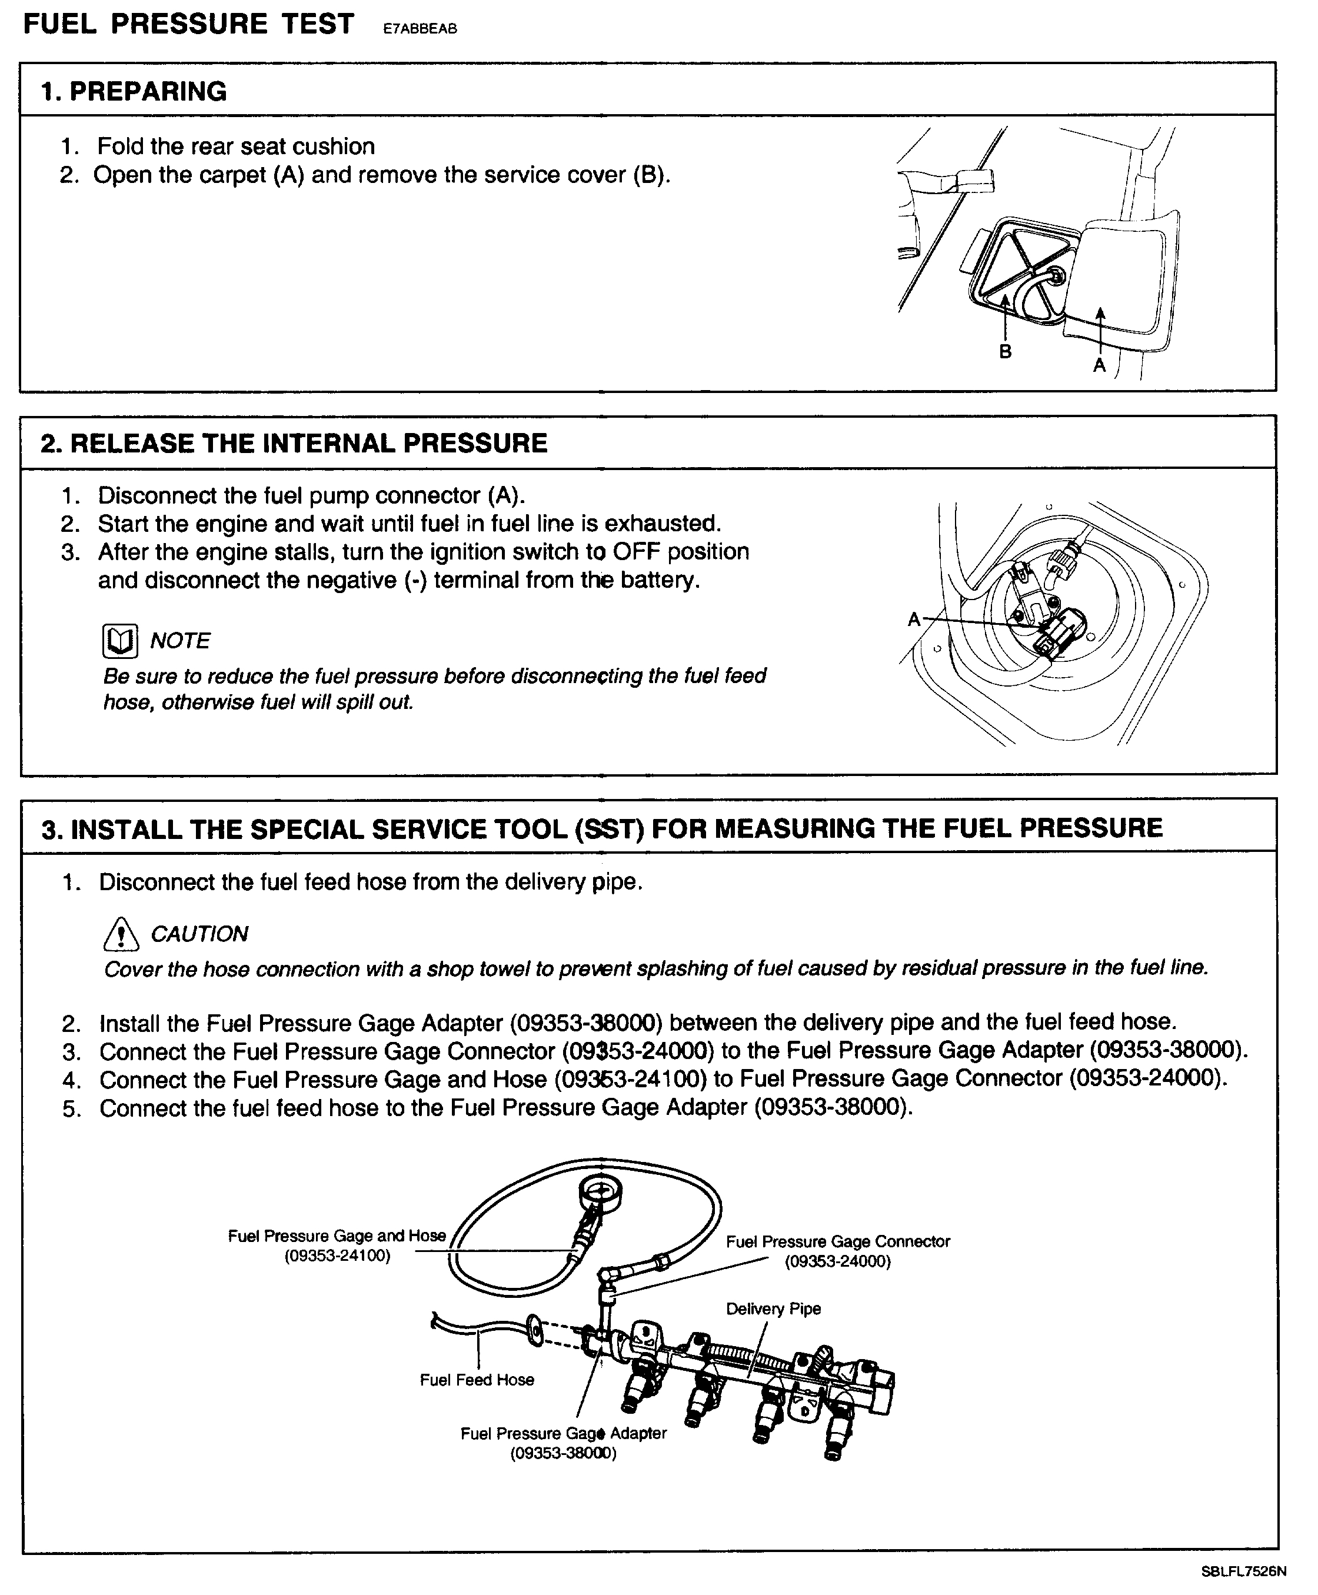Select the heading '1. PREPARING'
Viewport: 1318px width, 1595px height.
(x=134, y=91)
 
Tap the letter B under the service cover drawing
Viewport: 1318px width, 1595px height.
(x=1005, y=351)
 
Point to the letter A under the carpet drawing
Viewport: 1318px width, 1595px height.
(x=1099, y=365)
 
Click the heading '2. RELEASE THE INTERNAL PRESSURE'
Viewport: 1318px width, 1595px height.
(x=294, y=444)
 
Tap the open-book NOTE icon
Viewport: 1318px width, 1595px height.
(x=120, y=641)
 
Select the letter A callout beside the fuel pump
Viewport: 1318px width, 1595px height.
(x=914, y=619)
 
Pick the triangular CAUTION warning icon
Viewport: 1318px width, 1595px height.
(x=121, y=934)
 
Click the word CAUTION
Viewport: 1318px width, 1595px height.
(x=199, y=934)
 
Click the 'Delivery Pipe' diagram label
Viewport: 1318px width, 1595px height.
(x=773, y=1309)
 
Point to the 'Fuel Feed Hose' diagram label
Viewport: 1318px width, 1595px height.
(x=477, y=1380)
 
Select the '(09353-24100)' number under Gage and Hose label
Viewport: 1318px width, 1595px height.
(x=337, y=1256)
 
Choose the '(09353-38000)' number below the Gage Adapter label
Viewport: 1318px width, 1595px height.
(x=563, y=1453)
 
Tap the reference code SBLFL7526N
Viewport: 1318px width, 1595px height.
(x=1243, y=1571)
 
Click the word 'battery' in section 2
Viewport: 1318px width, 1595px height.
(x=657, y=580)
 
